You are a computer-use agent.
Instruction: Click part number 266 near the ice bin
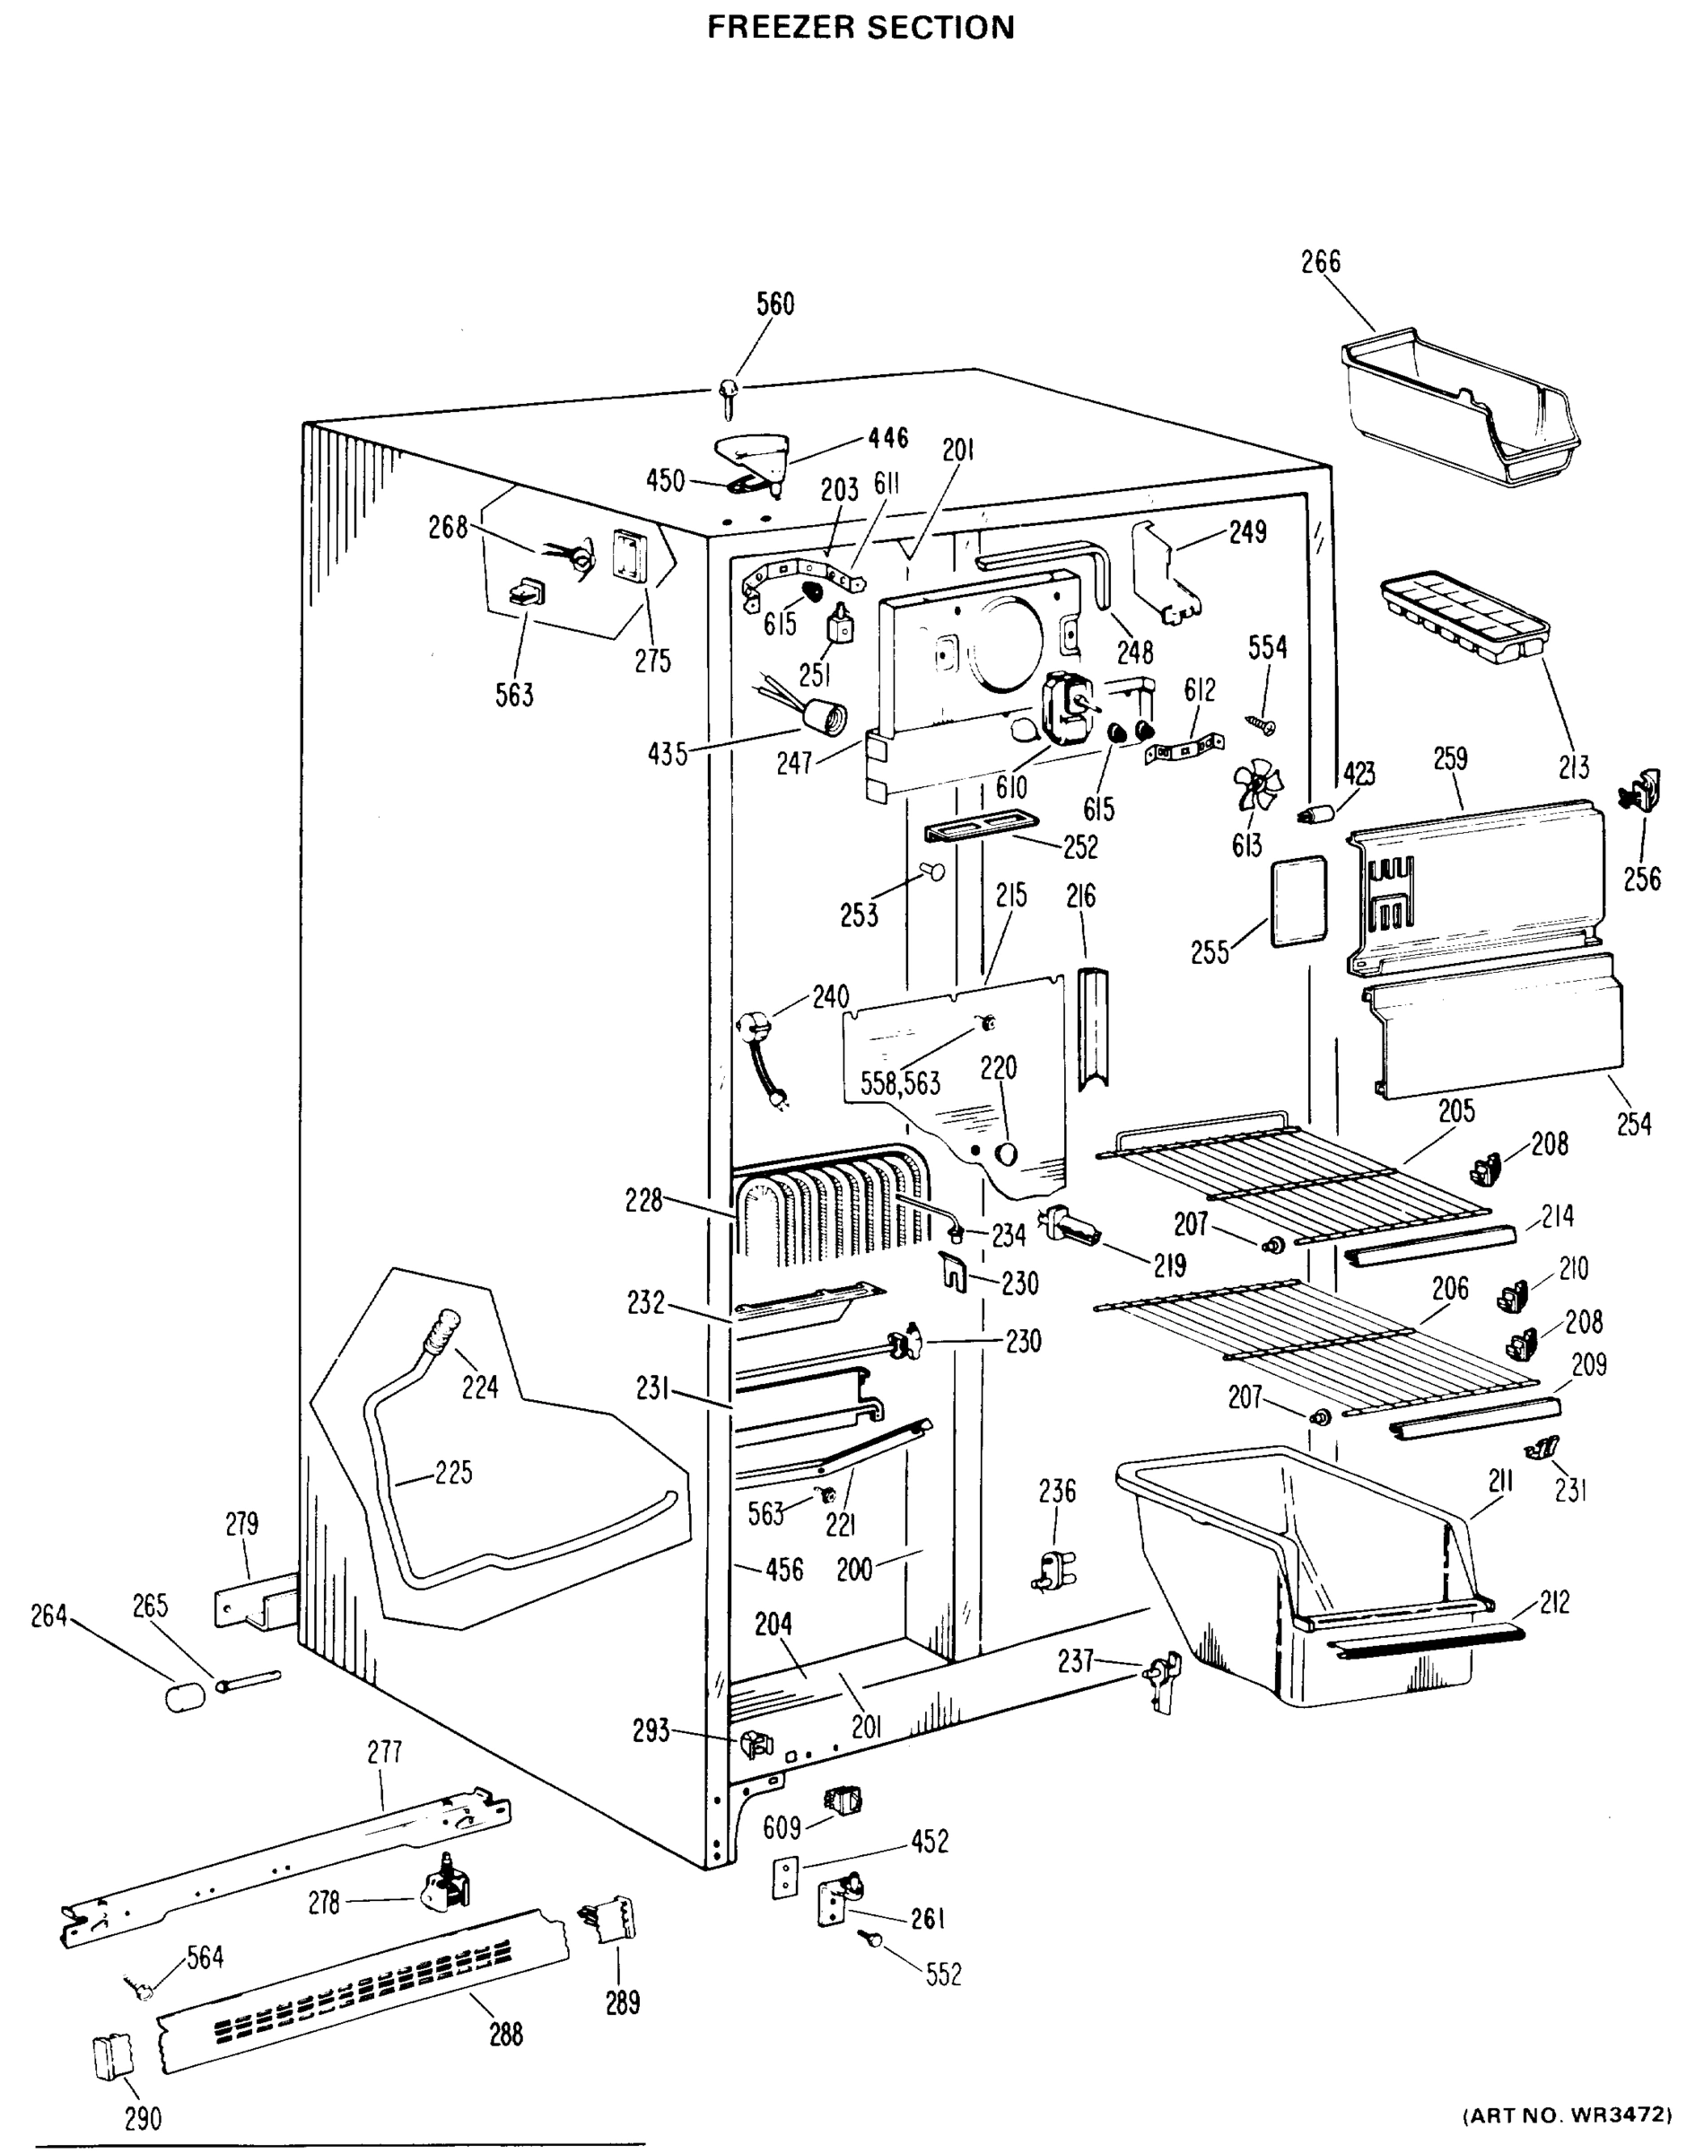coord(1320,262)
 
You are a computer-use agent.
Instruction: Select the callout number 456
coord(784,1571)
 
